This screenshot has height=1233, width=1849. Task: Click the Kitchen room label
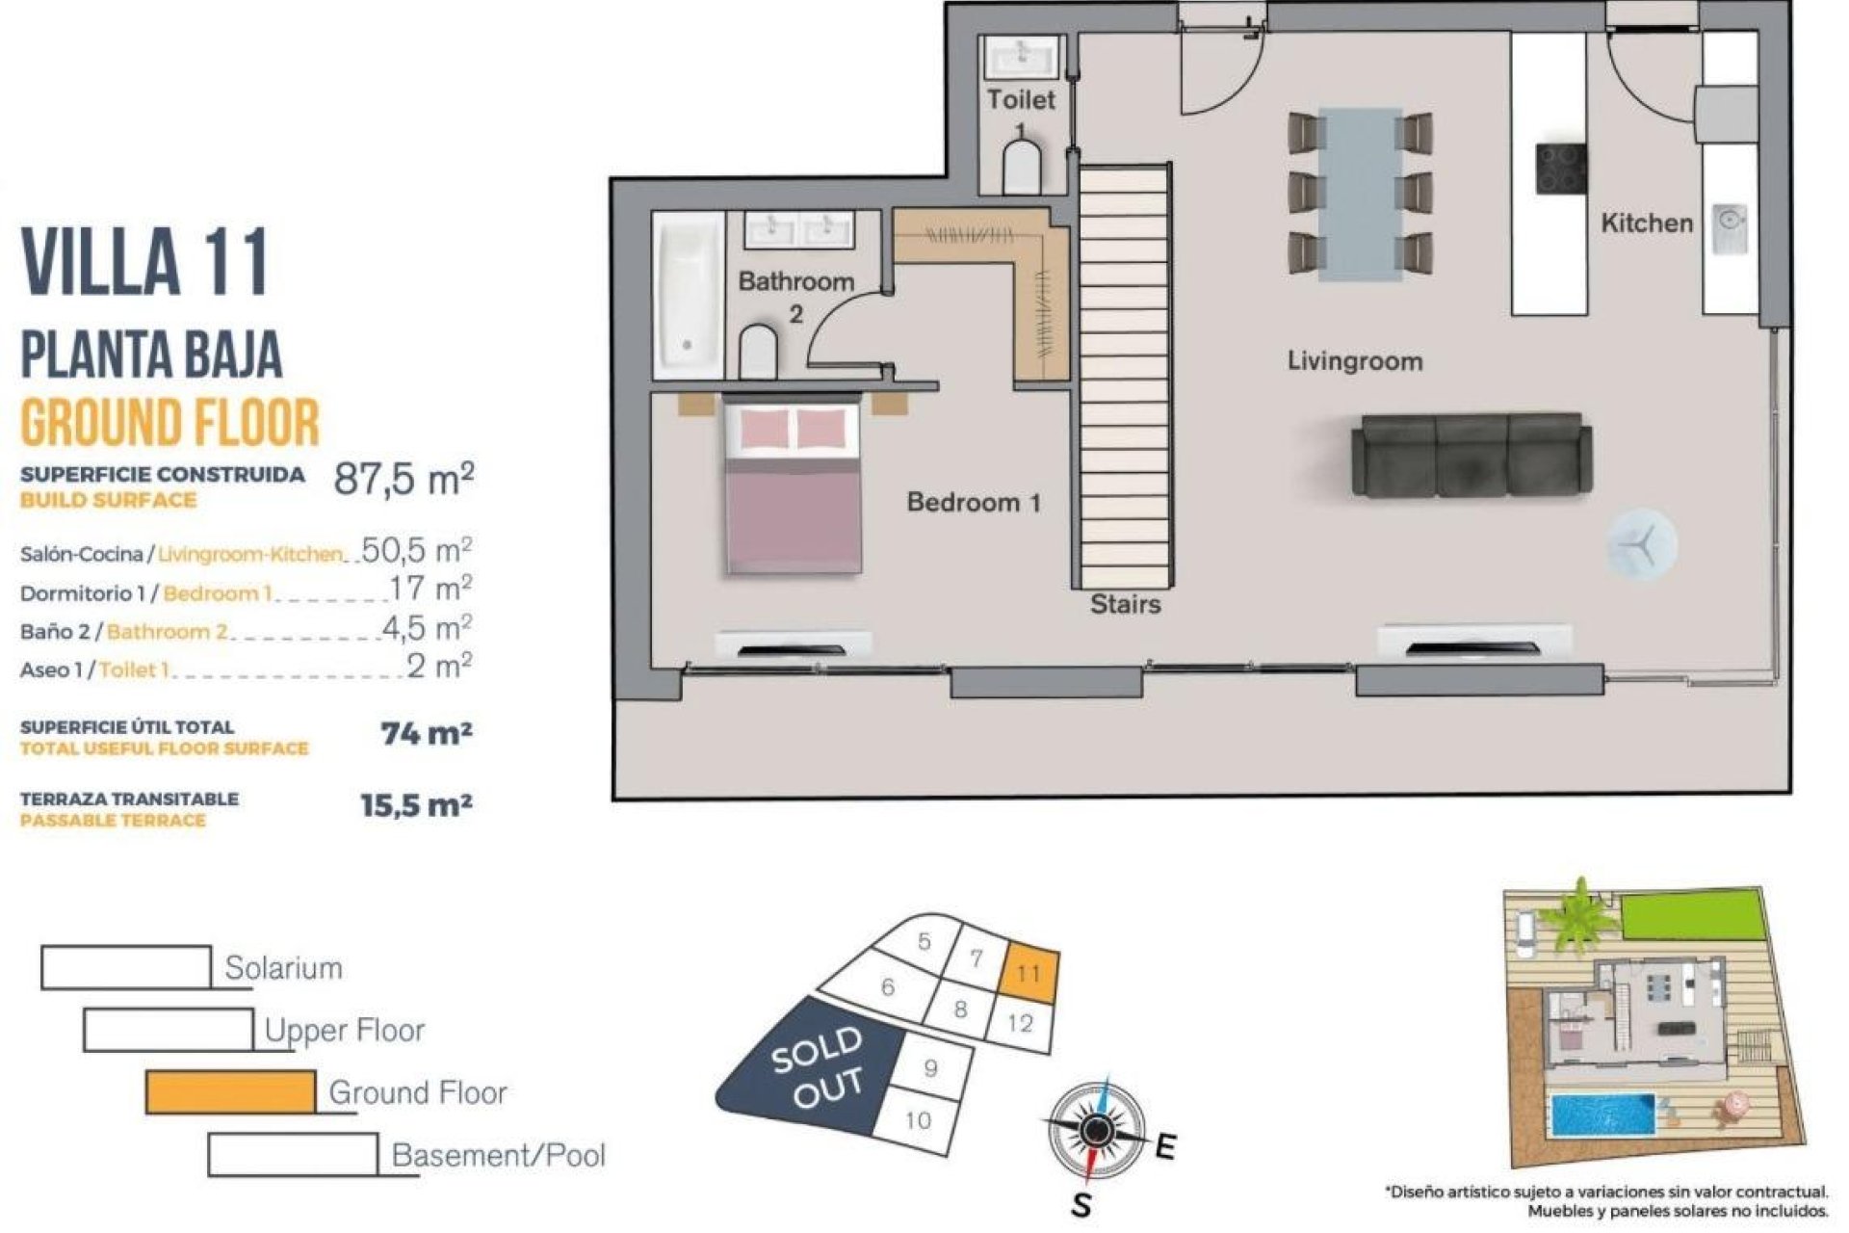coord(1646,223)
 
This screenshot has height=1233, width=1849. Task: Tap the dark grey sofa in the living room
coord(1471,456)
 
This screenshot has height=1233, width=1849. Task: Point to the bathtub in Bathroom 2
coord(688,295)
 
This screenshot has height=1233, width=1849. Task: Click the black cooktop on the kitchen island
coord(1560,170)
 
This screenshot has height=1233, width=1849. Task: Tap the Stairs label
coord(1125,604)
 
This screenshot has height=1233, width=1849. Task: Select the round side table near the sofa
coord(1641,544)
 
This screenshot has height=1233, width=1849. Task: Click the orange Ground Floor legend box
coord(230,1092)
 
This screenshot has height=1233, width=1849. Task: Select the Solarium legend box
coord(126,967)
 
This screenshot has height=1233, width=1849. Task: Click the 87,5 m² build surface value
coord(404,479)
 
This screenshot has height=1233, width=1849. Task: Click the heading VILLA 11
coord(145,262)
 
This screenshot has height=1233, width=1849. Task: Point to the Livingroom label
coord(1354,361)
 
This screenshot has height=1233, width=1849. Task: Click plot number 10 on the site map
coord(918,1119)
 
